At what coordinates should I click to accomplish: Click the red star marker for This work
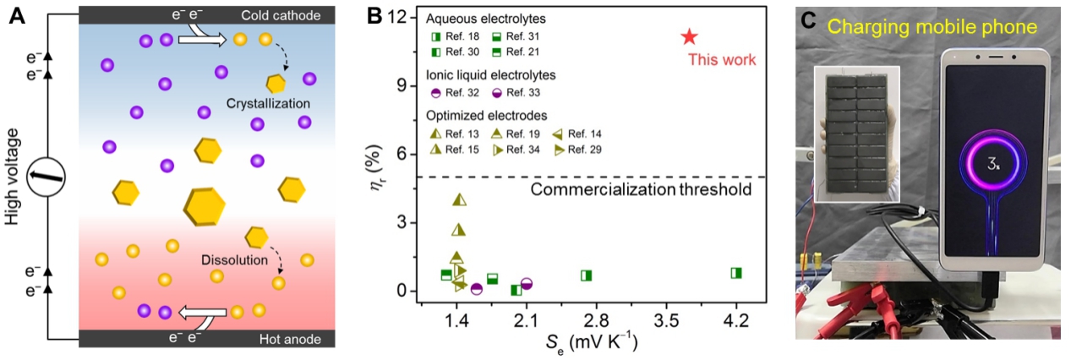[690, 36]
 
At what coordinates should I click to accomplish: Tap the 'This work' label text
[721, 60]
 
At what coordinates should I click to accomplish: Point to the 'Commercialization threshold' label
[641, 189]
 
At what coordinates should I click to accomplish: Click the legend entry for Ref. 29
[576, 150]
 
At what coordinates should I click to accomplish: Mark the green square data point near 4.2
[736, 273]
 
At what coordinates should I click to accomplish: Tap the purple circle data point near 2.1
[526, 284]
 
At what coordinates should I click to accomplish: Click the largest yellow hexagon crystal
[205, 205]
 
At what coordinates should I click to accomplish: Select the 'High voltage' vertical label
[11, 180]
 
